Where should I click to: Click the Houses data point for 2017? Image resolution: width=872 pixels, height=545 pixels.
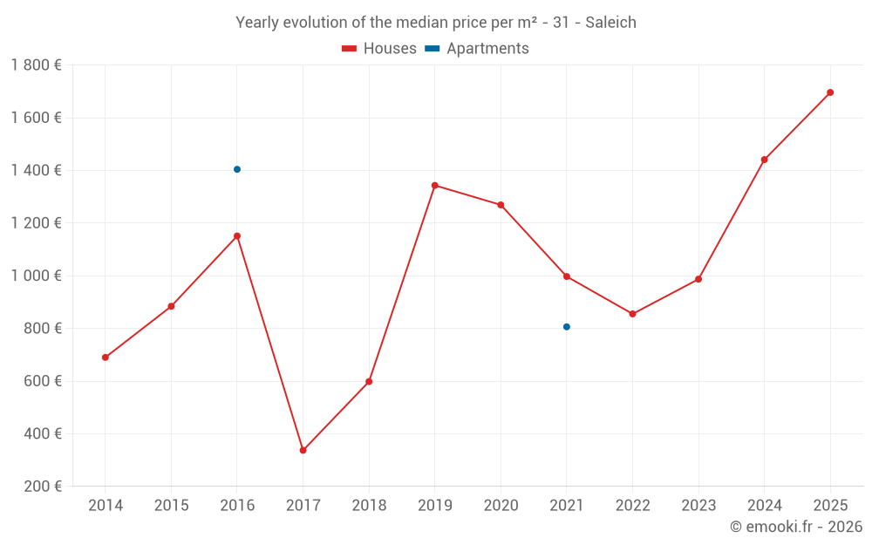[x=303, y=450]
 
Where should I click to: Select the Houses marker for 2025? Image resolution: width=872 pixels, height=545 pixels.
[x=830, y=92]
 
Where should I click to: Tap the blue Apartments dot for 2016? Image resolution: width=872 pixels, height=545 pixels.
[x=237, y=169]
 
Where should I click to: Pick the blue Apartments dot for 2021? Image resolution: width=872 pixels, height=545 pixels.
[x=567, y=327]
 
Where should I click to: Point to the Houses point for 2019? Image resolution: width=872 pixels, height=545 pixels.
[x=435, y=185]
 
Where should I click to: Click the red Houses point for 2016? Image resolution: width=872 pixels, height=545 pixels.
[x=237, y=235]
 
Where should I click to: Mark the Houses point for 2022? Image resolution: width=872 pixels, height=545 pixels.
[x=632, y=314]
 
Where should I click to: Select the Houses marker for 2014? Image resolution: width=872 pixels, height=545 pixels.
[x=106, y=358]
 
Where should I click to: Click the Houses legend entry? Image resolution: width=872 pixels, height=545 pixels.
[x=379, y=49]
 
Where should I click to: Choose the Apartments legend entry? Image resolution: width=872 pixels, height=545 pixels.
[x=477, y=49]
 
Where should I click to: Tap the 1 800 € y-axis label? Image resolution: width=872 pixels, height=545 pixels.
[x=36, y=65]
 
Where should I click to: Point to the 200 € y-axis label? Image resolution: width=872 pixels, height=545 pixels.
[x=42, y=487]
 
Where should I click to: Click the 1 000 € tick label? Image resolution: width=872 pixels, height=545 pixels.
[x=36, y=276]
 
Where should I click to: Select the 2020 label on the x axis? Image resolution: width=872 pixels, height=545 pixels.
[x=501, y=506]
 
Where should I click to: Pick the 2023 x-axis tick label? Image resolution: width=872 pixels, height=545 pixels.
[x=698, y=506]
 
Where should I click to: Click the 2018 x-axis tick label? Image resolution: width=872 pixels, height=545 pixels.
[x=369, y=506]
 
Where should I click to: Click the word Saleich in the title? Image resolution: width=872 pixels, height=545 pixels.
[x=610, y=23]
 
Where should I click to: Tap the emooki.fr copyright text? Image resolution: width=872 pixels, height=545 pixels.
[x=796, y=527]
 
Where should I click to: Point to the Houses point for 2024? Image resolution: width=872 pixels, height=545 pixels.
[x=765, y=160]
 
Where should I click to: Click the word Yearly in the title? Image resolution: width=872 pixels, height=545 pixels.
[x=257, y=23]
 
